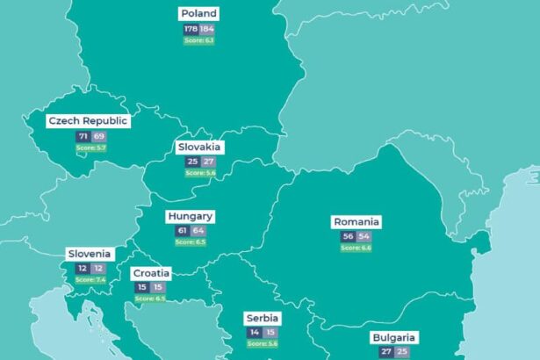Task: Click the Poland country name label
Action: [x=198, y=13]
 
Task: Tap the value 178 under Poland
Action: [x=191, y=29]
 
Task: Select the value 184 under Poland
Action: [x=206, y=29]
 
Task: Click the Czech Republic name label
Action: [x=88, y=121]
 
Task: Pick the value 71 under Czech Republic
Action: [x=83, y=137]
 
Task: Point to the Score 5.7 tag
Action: [x=90, y=148]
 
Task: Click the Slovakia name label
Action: [x=199, y=147]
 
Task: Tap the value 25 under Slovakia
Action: [x=191, y=162]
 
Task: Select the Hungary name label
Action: [x=191, y=216]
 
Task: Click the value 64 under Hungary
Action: [x=198, y=231]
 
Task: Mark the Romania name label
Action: [x=356, y=221]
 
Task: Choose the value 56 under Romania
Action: [x=348, y=237]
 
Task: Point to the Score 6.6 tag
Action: [x=356, y=248]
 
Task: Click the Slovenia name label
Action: [x=90, y=254]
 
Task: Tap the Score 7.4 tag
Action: [x=90, y=279]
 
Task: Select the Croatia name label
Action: [x=151, y=273]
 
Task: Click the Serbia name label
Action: [x=263, y=318]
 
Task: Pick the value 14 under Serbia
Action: [x=255, y=333]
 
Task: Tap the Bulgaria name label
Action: [x=393, y=337]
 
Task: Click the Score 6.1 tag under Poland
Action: [x=198, y=40]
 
